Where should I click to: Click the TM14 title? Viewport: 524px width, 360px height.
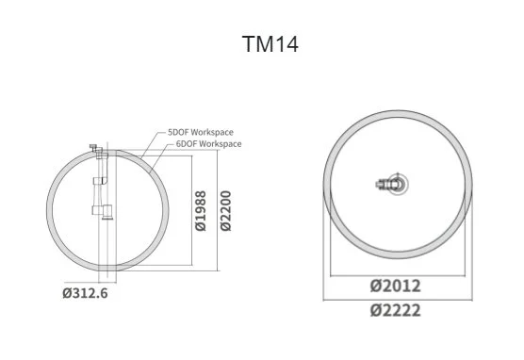pyautogui.click(x=270, y=43)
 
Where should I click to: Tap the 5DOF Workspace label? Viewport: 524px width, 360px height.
pyautogui.click(x=200, y=132)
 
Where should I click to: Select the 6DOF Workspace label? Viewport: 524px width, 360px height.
pyautogui.click(x=208, y=144)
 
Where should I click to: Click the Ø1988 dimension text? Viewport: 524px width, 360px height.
pyautogui.click(x=201, y=210)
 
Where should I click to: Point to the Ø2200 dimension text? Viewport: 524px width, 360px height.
pyautogui.click(x=225, y=210)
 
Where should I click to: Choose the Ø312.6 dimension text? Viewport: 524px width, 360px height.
pyautogui.click(x=85, y=293)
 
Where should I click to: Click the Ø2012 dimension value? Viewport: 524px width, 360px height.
pyautogui.click(x=395, y=286)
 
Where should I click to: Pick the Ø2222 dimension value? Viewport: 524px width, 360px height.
pyautogui.click(x=395, y=311)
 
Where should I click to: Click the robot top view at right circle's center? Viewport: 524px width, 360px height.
pyautogui.click(x=393, y=184)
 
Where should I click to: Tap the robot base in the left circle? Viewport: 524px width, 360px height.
pyautogui.click(x=107, y=212)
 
